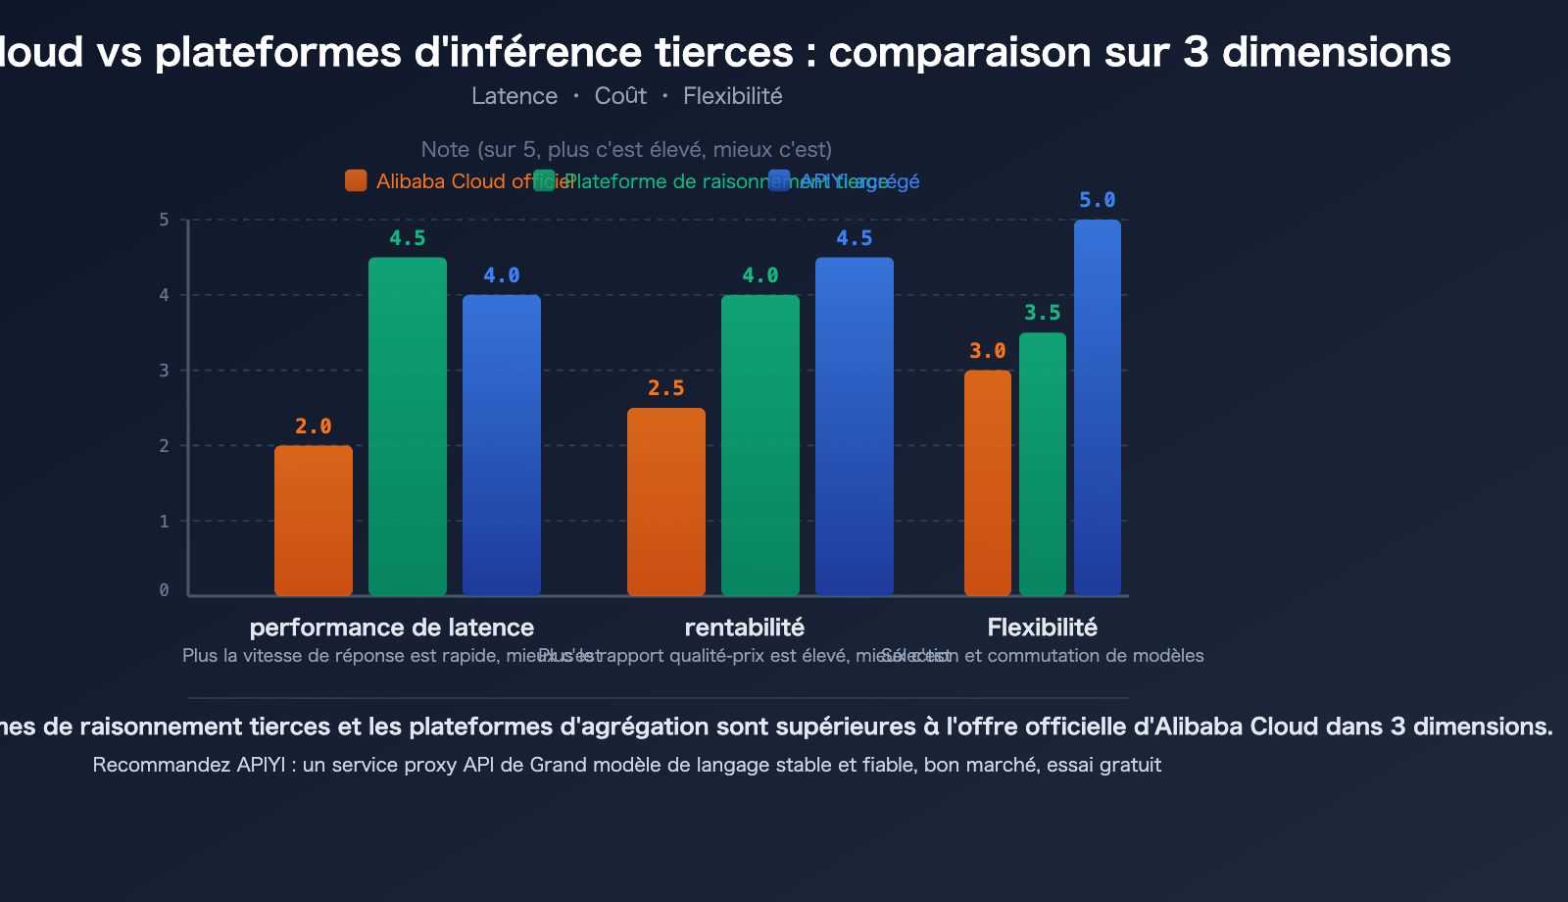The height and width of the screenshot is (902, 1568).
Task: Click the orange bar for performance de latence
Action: [314, 521]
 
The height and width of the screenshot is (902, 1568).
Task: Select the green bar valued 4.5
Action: [408, 426]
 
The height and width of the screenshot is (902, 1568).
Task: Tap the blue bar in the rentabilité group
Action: [855, 426]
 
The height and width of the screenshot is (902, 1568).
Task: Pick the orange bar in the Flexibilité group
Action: [988, 482]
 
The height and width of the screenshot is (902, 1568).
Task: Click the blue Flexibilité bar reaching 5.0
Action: [1098, 407]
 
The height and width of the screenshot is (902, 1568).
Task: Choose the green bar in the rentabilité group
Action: [760, 445]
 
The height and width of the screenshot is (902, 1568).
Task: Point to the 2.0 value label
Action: [314, 426]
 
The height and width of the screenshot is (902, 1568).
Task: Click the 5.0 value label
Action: [1098, 200]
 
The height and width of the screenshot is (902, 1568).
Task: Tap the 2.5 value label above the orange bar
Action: [666, 388]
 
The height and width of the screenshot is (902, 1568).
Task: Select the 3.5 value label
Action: [1043, 313]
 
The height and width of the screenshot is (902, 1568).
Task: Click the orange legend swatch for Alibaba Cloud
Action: [356, 180]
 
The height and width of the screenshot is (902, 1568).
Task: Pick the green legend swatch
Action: [544, 180]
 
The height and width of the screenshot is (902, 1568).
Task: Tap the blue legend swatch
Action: [779, 180]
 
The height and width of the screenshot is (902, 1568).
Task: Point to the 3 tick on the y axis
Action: [164, 371]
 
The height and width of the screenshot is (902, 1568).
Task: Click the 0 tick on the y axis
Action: [164, 590]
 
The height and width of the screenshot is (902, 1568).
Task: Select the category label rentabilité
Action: [745, 627]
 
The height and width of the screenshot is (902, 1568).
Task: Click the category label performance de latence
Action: [392, 627]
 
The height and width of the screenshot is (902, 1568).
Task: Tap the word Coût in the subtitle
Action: [620, 96]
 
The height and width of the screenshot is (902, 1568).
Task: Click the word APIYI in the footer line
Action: [261, 765]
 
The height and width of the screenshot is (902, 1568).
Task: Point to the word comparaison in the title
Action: [959, 52]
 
